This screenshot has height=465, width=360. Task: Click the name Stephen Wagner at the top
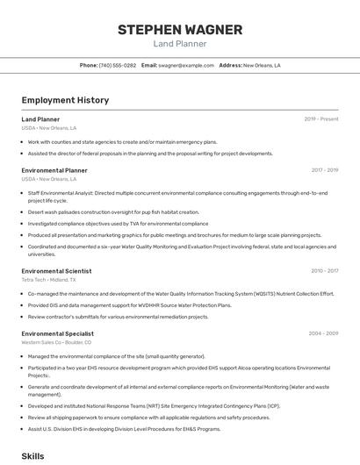[180, 29]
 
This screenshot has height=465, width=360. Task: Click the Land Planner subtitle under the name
[180, 44]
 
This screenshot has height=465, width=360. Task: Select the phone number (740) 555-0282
[118, 65]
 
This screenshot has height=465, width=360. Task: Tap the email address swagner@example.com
[186, 65]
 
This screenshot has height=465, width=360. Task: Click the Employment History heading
[65, 100]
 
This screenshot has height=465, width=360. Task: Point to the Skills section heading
[32, 456]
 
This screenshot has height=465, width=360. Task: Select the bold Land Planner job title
[40, 118]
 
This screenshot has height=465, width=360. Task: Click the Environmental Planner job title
[54, 170]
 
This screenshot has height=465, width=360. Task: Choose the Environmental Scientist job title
[56, 271]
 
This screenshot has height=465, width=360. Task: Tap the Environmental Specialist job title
[57, 333]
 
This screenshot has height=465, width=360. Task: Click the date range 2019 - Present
[320, 118]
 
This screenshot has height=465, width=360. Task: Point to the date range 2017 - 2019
[324, 170]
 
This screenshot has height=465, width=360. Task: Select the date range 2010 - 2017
[324, 271]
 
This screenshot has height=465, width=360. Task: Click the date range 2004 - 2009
[323, 333]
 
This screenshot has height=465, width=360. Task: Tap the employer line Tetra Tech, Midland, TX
[48, 280]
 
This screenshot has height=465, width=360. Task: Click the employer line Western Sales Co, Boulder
[54, 342]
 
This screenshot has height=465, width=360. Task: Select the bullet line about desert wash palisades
[113, 211]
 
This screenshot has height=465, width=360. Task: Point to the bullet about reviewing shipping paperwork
[148, 418]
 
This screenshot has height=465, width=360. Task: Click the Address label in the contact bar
[230, 65]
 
